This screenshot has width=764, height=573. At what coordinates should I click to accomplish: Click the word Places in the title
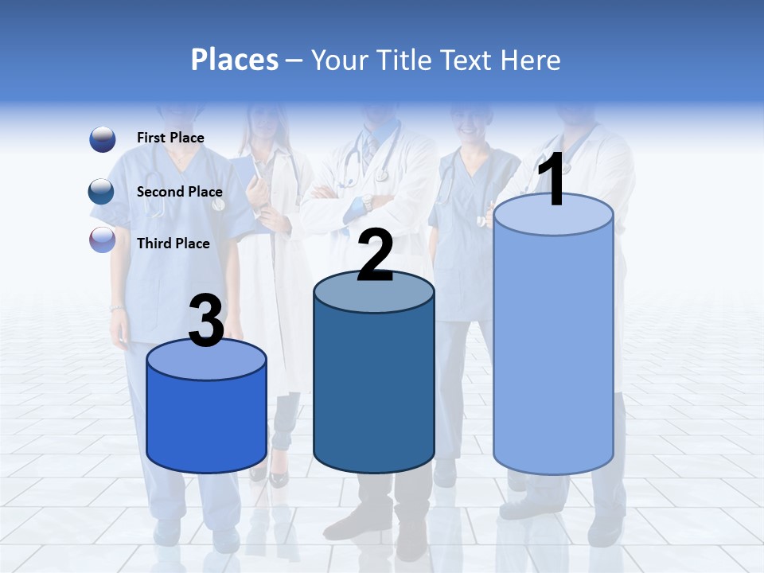point(234,60)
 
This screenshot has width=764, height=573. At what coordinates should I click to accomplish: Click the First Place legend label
point(170,138)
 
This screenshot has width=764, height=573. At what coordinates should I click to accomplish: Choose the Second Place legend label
point(179,192)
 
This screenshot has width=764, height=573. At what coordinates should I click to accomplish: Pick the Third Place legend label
point(173,244)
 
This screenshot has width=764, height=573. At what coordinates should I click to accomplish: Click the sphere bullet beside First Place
point(103,139)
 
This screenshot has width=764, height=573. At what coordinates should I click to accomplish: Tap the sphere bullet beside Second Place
point(102,192)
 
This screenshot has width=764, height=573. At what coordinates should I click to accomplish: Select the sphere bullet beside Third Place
point(103,240)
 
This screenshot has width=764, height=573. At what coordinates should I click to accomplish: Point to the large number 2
point(375,256)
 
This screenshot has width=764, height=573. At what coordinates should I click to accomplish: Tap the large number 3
point(206,322)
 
